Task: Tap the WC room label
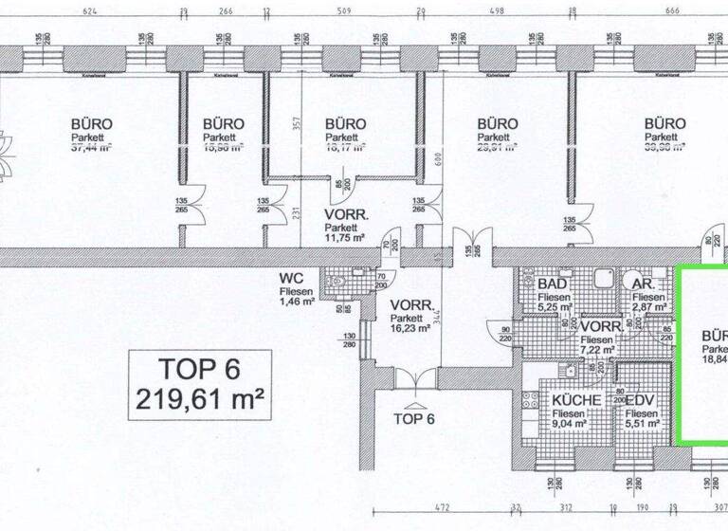coord(291,277)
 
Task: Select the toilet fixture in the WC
coord(334,282)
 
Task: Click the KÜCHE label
coord(575,400)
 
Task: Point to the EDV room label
coord(642,400)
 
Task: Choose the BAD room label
coord(553,284)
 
